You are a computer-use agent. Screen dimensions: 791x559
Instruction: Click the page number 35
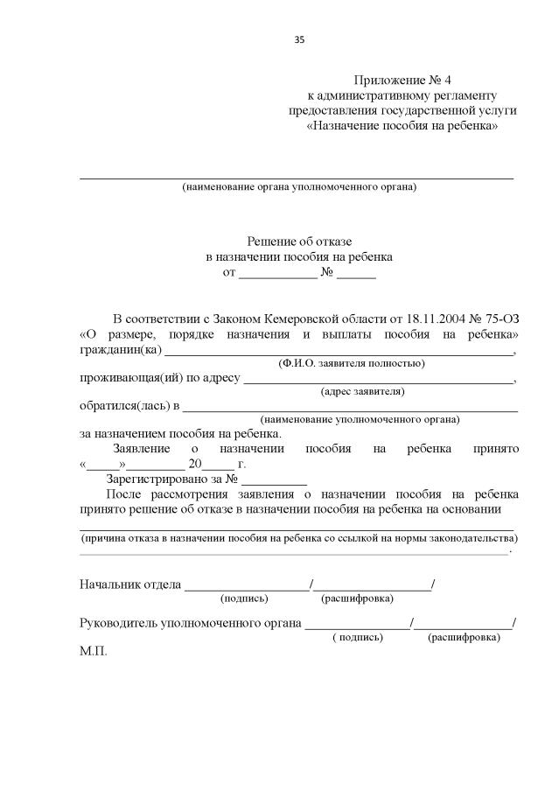click(299, 39)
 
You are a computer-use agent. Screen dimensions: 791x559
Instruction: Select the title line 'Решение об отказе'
click(299, 241)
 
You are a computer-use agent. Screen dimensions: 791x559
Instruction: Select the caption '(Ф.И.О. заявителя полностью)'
click(351, 363)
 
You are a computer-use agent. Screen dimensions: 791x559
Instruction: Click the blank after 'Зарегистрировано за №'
click(274, 479)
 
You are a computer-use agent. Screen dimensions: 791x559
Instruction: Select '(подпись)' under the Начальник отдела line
click(245, 598)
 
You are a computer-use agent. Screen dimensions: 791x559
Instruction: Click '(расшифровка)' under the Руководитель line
click(464, 638)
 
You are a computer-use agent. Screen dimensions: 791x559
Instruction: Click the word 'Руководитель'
click(118, 624)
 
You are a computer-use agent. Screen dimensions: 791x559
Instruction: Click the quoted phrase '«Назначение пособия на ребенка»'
click(403, 126)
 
